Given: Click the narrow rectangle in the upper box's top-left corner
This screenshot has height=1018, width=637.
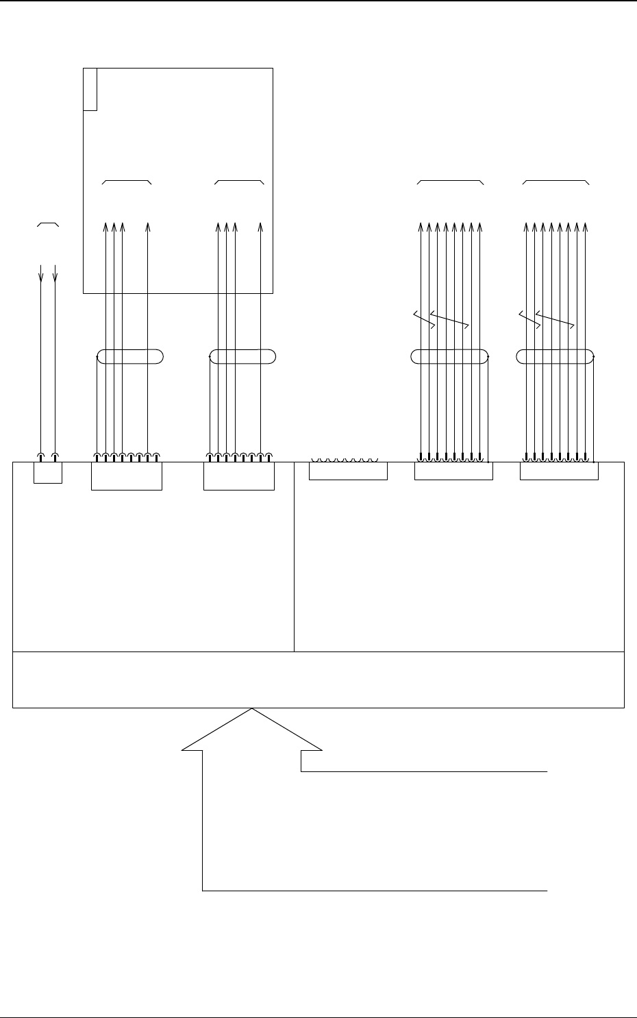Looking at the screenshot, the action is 90,89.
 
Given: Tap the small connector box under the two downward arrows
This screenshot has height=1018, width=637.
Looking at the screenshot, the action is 47,473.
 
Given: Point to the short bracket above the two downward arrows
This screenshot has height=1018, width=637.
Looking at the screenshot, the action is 48,223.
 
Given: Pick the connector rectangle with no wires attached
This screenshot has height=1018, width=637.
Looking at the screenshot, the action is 348,471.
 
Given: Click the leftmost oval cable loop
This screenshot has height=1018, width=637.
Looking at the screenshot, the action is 130,356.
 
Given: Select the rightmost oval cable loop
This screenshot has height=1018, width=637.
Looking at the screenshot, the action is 554,356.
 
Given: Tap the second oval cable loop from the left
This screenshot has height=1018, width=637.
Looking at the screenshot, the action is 242,356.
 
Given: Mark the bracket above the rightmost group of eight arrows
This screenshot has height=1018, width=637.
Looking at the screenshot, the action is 555,182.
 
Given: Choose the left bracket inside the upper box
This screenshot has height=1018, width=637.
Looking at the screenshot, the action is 127,182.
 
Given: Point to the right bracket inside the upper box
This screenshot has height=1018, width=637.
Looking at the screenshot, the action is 239,182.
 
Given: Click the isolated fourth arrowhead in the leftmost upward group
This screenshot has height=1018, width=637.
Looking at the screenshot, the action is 147,227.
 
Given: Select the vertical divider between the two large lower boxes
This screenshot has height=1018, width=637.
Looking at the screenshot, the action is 294,556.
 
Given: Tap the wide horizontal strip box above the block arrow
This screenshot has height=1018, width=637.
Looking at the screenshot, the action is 318,680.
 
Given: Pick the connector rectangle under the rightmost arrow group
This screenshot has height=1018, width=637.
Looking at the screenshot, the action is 559,471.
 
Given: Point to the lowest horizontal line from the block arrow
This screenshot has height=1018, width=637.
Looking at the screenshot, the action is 375,891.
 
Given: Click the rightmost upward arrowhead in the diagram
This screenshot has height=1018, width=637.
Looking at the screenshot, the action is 586,227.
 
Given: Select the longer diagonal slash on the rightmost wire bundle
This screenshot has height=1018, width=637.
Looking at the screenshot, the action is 555,319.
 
